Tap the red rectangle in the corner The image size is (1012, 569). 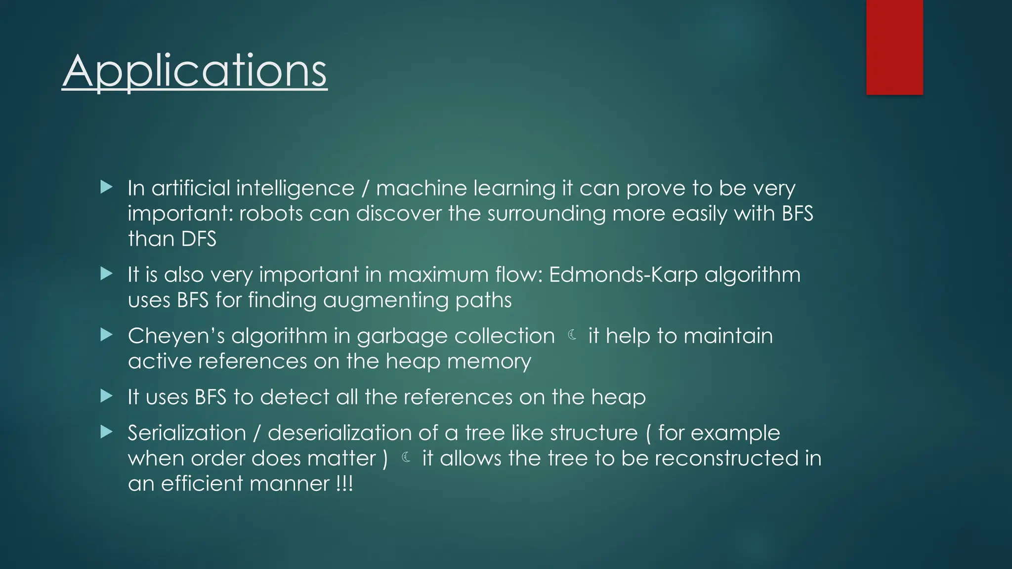pyautogui.click(x=894, y=47)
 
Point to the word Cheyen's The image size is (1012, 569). pyautogui.click(x=176, y=336)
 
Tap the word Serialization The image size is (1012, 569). pyautogui.click(x=187, y=433)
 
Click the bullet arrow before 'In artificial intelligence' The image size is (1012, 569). pyautogui.click(x=106, y=187)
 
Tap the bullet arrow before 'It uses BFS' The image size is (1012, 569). pyautogui.click(x=106, y=396)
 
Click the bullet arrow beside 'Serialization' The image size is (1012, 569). pyautogui.click(x=106, y=432)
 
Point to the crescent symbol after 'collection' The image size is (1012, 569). pyautogui.click(x=572, y=335)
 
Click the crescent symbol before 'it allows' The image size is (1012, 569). pyautogui.click(x=406, y=457)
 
